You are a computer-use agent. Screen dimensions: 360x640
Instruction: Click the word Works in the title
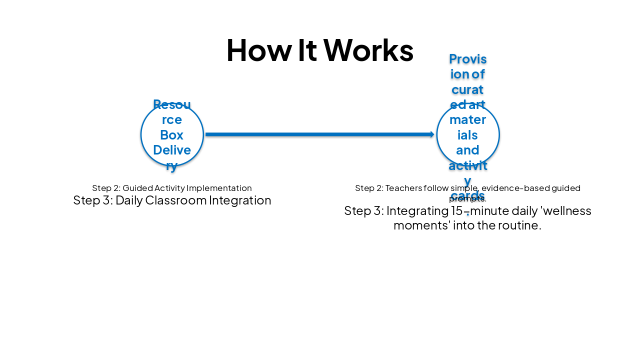coord(368,50)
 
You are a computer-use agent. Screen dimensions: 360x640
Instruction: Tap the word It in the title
coord(308,50)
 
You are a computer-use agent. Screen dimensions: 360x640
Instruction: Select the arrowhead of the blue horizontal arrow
coord(432,134)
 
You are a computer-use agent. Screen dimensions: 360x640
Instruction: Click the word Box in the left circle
coord(171,135)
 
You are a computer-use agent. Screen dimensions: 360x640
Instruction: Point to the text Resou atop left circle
coord(171,104)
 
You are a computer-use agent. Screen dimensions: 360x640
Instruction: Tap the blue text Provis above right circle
coord(467,59)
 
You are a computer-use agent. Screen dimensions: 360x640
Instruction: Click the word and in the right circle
coord(467,150)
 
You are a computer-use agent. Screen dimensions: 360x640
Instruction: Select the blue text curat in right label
coord(467,89)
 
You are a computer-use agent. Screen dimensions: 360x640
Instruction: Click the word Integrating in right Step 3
coord(416,210)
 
